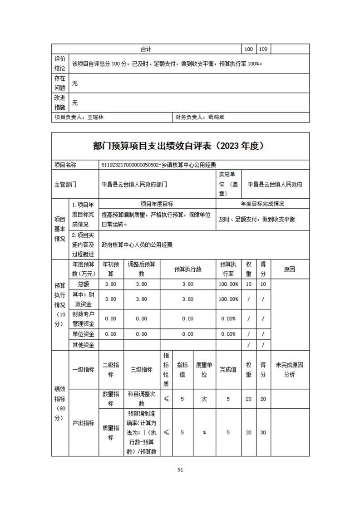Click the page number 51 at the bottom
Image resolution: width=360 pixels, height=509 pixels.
pos(180,470)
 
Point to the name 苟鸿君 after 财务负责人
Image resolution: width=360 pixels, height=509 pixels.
pos(216,117)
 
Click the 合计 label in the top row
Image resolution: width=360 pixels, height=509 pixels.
pos(146,49)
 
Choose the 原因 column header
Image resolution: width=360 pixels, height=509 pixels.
pos(290,269)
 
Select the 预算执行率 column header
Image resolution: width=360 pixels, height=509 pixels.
pos(229,269)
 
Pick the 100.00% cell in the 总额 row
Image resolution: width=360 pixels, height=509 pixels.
pos(229,284)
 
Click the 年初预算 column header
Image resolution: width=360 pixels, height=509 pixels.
pos(111,269)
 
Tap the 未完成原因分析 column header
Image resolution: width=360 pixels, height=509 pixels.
pos(290,370)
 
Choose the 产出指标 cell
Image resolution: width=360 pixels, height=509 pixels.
pos(83,423)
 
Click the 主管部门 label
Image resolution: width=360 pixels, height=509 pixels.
pos(64,185)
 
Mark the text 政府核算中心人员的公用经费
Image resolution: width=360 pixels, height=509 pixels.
pos(137,245)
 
